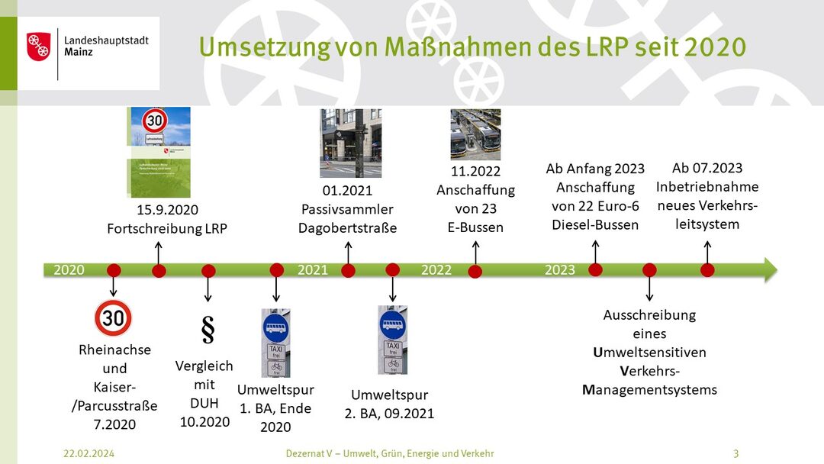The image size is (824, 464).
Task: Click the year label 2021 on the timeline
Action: tap(313, 270)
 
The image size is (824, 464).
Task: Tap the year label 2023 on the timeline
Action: tap(559, 270)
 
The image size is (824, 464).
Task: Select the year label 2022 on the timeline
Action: tap(436, 270)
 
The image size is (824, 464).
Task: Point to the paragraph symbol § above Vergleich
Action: tap(208, 329)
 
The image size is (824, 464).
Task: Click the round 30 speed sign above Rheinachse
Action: tap(113, 318)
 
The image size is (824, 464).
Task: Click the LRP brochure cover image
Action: tap(158, 153)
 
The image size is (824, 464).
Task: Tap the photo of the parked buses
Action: tap(475, 134)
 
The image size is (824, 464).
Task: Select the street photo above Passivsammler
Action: tap(350, 143)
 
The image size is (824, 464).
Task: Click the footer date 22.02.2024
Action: tap(89, 453)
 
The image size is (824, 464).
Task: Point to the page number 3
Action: tap(735, 453)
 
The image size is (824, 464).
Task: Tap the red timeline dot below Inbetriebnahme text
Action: tap(707, 270)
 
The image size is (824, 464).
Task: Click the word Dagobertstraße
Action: tap(347, 228)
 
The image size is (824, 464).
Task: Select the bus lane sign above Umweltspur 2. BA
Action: tap(392, 340)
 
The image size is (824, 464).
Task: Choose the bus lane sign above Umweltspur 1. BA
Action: tap(275, 343)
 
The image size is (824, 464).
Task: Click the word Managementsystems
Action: tap(649, 390)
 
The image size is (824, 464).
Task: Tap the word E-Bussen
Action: tap(475, 227)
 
